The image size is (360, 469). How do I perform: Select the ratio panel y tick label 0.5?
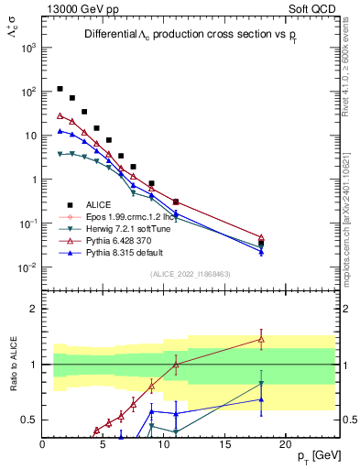(x=29, y=420)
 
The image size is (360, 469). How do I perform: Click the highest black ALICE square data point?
(x=60, y=89)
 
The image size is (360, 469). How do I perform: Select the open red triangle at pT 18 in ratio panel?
(x=261, y=339)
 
